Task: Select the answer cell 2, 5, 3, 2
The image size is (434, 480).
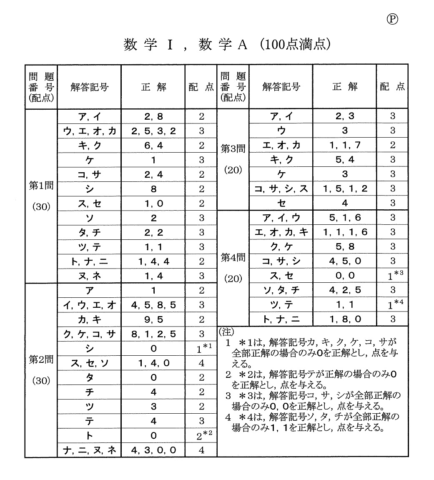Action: coord(153,131)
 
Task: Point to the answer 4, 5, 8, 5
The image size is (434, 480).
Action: coord(153,305)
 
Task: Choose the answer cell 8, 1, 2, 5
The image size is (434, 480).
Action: coord(153,334)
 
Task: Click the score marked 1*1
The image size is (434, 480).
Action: coord(201,348)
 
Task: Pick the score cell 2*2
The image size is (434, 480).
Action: coord(201,435)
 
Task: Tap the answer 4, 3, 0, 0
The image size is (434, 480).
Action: coord(153,450)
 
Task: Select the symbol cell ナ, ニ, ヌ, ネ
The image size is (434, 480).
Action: coord(89,450)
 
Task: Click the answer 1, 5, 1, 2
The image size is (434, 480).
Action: coord(345,188)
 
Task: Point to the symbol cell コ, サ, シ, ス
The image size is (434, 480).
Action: coord(281,188)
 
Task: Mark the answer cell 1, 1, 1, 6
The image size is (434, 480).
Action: coord(345,232)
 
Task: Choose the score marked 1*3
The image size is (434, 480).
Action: coord(392,276)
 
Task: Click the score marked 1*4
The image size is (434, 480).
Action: coord(392,305)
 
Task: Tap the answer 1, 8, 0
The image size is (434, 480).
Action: coord(345,319)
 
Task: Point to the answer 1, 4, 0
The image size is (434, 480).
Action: coord(153,363)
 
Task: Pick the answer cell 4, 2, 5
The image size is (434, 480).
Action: coord(345,290)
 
